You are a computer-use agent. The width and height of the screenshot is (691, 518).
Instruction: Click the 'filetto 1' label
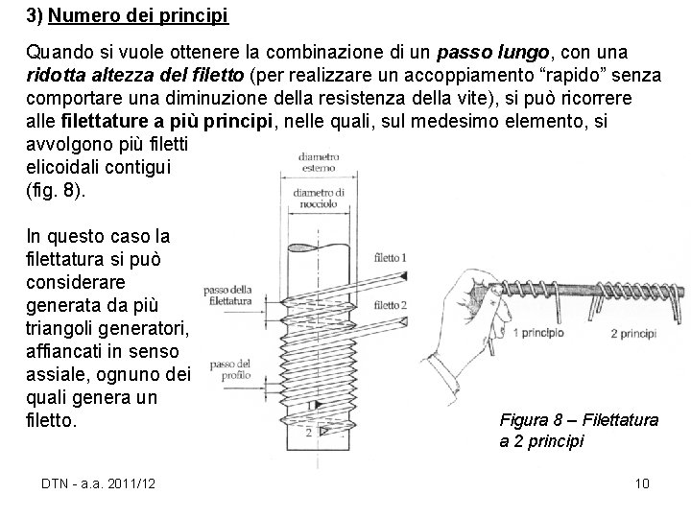click(x=391, y=258)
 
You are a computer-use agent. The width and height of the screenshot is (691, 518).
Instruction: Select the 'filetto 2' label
click(x=391, y=305)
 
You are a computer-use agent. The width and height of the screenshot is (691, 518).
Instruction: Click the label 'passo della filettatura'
click(x=228, y=295)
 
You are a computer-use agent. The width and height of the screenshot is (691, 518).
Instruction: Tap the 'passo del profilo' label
click(x=230, y=368)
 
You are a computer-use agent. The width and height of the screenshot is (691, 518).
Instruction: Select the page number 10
click(x=642, y=483)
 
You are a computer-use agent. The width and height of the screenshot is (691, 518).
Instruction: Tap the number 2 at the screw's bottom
click(x=308, y=433)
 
